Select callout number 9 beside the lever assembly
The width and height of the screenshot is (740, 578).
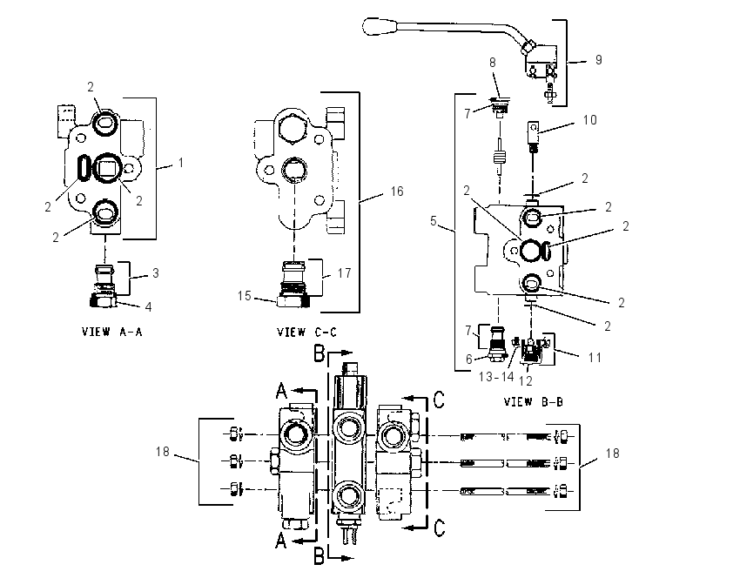click(x=598, y=60)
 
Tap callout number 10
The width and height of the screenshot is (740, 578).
click(x=590, y=120)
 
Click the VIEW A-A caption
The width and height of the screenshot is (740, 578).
click(x=111, y=332)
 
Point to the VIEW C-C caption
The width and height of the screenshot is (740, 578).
click(x=306, y=333)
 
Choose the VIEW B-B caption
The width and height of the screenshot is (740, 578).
click(x=534, y=402)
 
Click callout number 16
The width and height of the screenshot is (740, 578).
click(x=397, y=192)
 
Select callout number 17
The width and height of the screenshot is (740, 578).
click(x=345, y=273)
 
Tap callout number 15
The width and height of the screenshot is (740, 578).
click(x=244, y=296)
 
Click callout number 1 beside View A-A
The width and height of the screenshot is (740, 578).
click(x=180, y=163)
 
